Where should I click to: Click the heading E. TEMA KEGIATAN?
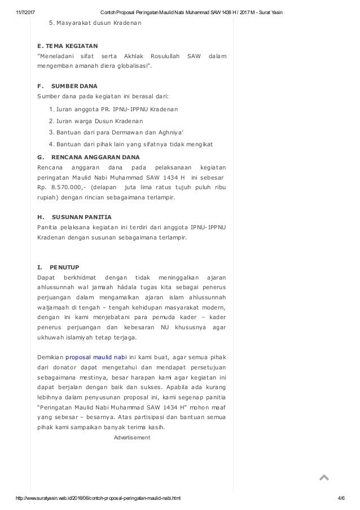pos(67,44)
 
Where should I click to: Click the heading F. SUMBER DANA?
pos(67,86)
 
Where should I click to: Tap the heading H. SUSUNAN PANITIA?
pos(74,216)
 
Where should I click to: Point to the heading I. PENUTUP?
pos(58,266)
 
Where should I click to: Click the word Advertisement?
pos(131,437)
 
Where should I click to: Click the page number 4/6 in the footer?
pos(341,499)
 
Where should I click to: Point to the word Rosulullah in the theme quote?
pos(163,55)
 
